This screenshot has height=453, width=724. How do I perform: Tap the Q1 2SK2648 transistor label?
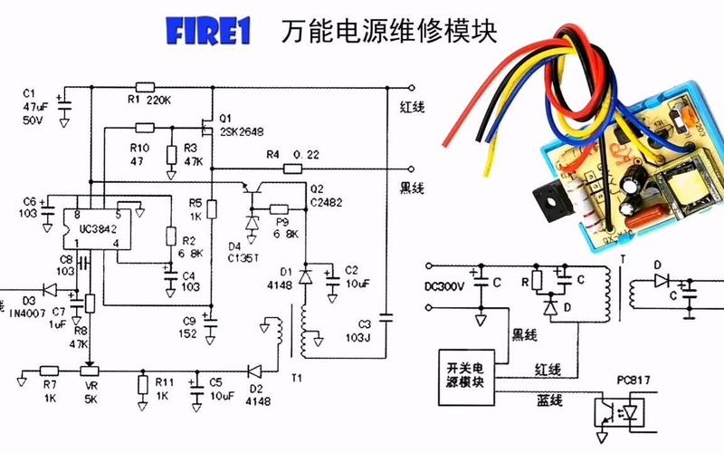(239, 124)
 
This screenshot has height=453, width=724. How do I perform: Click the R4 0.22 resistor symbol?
(292, 169)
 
